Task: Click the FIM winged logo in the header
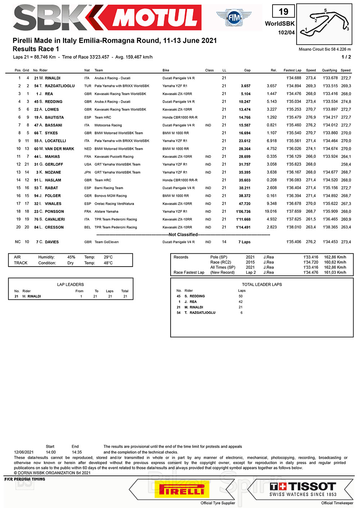coord(234,17)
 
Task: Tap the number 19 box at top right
coord(283,12)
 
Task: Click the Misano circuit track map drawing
coord(324,23)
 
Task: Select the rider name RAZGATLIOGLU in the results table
coord(60,86)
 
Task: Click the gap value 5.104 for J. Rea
coord(246,94)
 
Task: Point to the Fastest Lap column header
coord(292,71)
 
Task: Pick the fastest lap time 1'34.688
coord(294,78)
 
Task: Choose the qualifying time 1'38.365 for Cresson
coord(330,227)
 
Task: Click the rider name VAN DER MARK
coord(59,149)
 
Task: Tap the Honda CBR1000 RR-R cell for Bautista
coord(180,117)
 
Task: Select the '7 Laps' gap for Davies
coord(244,242)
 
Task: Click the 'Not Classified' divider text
coord(183,235)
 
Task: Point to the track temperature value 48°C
coord(108,263)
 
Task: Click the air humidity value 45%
coord(71,257)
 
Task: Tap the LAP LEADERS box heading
coord(70,285)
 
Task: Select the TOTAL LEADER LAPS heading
coord(262,285)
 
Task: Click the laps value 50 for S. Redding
coord(240,296)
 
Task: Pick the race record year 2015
coord(250,262)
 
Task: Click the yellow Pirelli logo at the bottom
coord(182,490)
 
